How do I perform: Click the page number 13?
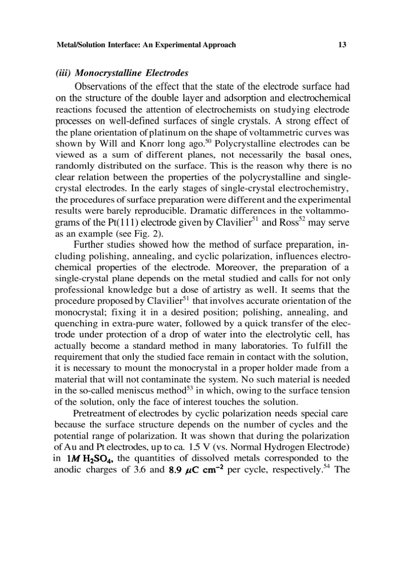(342, 45)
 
